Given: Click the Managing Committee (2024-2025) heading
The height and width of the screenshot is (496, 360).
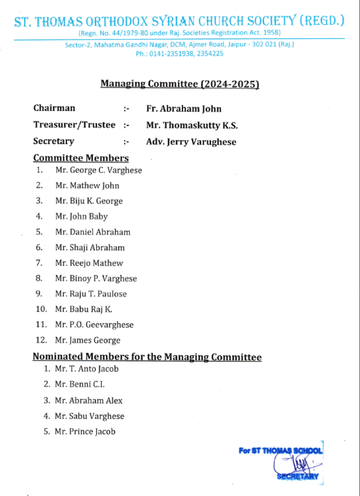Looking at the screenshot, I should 179,84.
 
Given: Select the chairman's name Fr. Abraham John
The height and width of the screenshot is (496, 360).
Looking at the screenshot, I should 184,109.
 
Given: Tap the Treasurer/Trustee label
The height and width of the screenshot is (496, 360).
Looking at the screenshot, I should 74,125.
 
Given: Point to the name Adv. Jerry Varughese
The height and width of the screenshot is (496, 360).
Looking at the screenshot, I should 191,142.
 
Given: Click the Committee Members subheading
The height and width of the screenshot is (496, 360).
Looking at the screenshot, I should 81,158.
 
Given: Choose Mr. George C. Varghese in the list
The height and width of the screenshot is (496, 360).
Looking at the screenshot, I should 99,170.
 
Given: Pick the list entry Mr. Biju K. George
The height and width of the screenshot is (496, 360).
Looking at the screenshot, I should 89,201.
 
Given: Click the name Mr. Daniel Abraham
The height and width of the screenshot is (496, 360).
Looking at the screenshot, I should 92,232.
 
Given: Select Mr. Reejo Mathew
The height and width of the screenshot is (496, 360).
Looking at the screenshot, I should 89,263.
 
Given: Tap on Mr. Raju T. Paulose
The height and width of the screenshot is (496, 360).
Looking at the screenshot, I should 91,294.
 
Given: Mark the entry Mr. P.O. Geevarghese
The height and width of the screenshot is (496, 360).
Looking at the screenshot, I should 94,325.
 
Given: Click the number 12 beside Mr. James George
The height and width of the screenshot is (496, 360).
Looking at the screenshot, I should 41,340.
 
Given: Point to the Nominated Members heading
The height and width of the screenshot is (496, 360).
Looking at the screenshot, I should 147,357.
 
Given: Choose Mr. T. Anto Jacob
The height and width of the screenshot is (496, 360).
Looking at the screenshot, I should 86,369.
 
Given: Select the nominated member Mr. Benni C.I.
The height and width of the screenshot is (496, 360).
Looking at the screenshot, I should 79,384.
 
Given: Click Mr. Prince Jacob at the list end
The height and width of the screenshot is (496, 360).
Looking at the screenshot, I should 85,431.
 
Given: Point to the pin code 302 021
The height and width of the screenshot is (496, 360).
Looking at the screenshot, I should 264,45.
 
